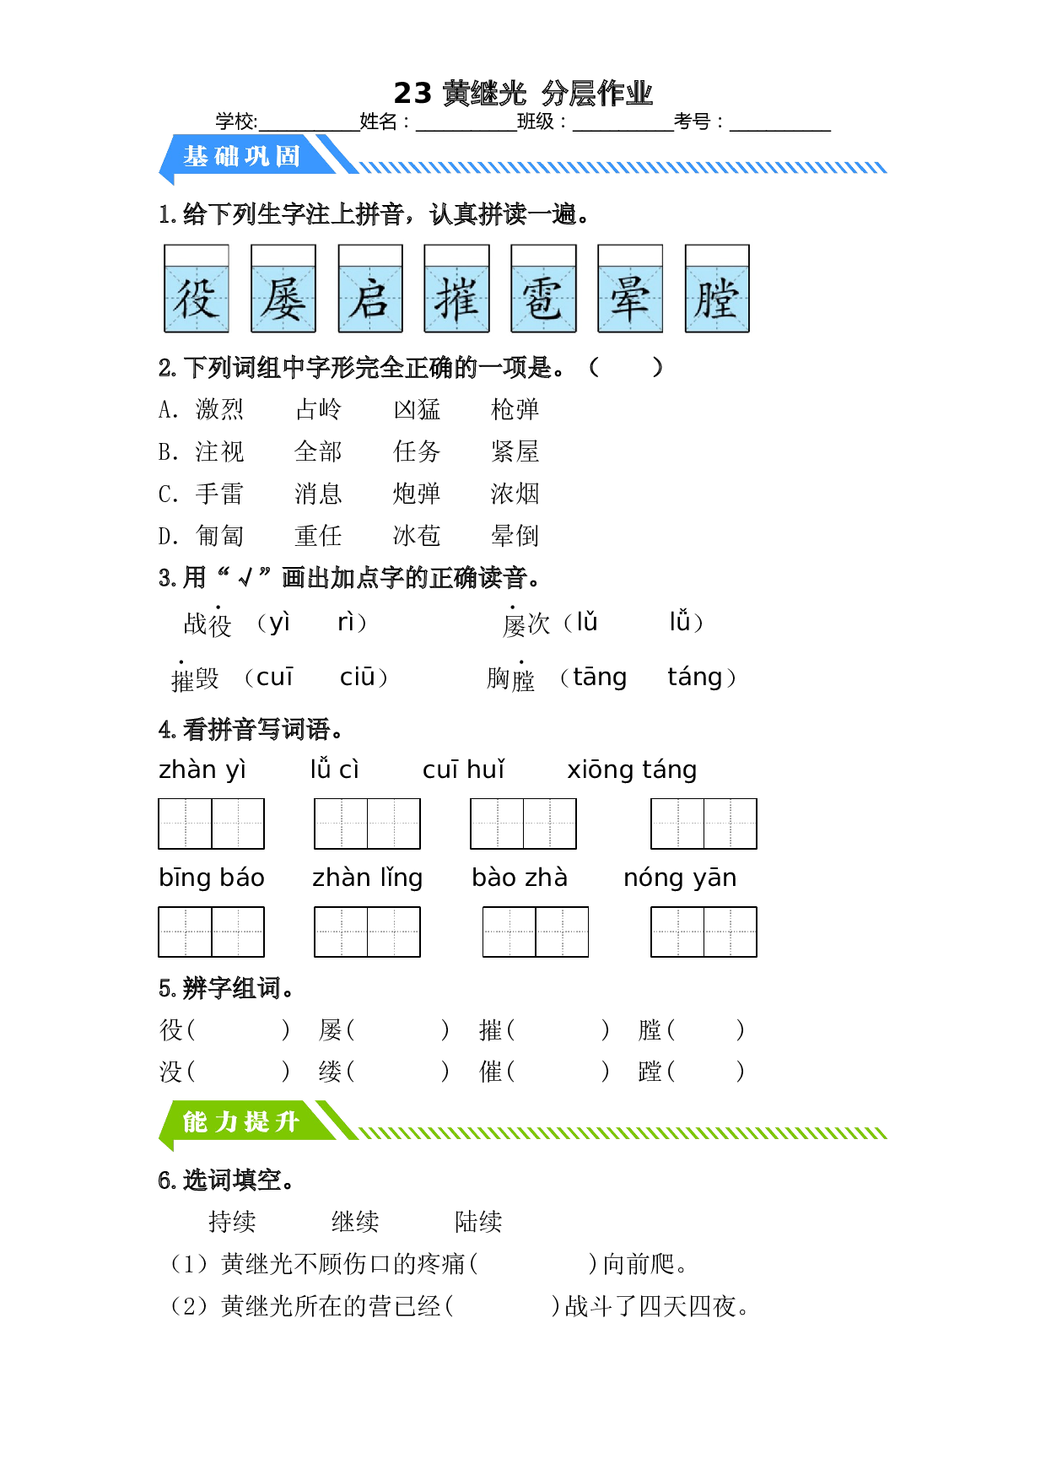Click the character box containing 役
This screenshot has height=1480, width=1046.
[x=197, y=289]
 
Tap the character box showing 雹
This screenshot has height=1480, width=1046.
[x=544, y=289]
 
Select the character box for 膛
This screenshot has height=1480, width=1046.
[x=717, y=289]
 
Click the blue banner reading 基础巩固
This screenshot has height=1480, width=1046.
[x=245, y=156]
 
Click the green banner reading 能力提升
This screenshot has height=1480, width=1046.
[x=245, y=1122]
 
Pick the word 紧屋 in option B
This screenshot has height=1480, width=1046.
[x=515, y=451]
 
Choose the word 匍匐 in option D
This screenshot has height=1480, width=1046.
[x=219, y=536]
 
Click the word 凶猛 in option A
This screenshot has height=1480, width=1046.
[x=417, y=409]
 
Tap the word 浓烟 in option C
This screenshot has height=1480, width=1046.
[x=515, y=494]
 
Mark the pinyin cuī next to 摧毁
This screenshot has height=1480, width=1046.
[x=275, y=677]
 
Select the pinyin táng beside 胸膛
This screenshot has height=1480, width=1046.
[x=695, y=677]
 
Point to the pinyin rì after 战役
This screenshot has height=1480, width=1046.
[x=346, y=622]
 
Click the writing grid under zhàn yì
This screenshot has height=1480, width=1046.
[x=211, y=824]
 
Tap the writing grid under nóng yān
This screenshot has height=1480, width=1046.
[x=704, y=932]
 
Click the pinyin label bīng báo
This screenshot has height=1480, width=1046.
[x=212, y=878]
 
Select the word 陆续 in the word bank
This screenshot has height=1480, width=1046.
[x=478, y=1221]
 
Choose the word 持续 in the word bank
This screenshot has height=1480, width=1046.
[x=232, y=1221]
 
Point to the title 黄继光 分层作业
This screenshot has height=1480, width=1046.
[x=547, y=93]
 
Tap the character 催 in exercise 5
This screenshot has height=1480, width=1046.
[x=491, y=1072]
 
